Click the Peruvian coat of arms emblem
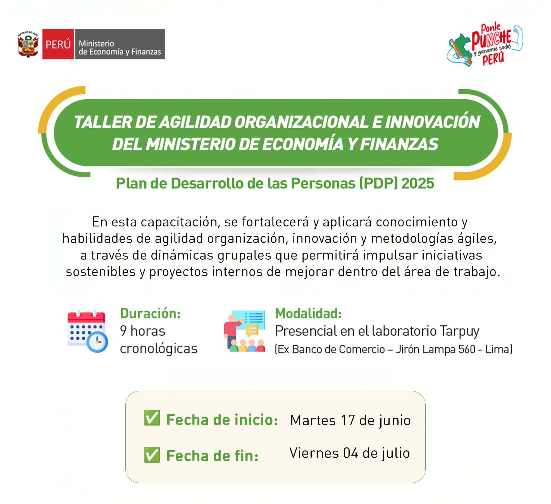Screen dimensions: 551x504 click(x=28, y=44)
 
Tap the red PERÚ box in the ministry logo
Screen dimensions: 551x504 click(x=58, y=44)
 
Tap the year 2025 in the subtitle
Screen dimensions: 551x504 click(x=418, y=183)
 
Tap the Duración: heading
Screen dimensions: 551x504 click(x=150, y=313)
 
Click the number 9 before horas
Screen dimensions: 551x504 click(x=123, y=331)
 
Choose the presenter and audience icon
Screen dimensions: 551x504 click(x=245, y=331)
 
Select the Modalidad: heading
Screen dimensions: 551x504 click(x=308, y=313)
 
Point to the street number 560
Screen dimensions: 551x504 click(x=467, y=349)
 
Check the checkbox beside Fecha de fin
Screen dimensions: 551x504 click(x=152, y=455)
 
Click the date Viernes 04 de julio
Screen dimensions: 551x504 click(x=350, y=453)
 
